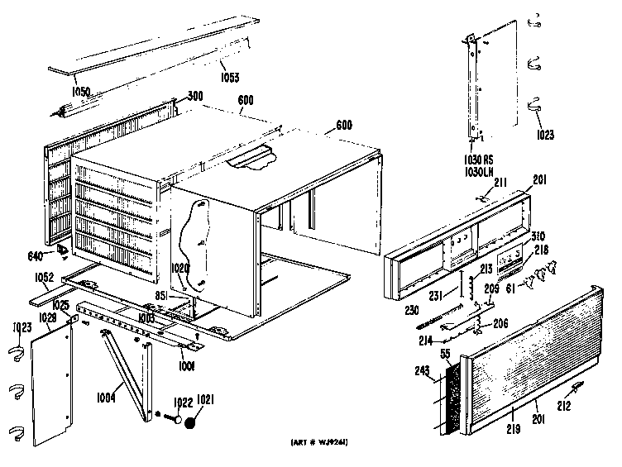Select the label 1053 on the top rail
[231, 79]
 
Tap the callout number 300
[195, 96]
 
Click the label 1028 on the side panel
[46, 318]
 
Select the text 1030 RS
[478, 159]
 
